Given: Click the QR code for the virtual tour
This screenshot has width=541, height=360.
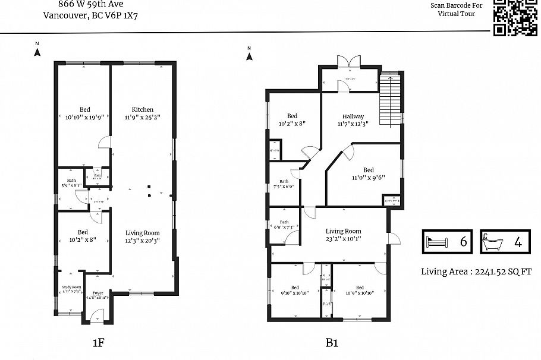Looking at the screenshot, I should tap(515, 17).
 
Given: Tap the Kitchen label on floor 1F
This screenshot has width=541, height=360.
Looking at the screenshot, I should tap(143, 109).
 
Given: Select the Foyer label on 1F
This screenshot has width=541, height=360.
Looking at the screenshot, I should tap(97, 293).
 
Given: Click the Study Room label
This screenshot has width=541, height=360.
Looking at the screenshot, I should tap(71, 288).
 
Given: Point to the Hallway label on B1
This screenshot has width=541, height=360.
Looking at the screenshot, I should tap(353, 116).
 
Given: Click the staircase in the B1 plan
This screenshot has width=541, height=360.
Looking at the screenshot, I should tap(390, 99).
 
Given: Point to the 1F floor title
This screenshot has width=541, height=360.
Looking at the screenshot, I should tap(99, 342).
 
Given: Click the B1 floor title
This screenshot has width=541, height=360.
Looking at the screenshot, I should tap(331, 342).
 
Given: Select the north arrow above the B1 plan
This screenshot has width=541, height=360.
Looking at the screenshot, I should tap(250, 55).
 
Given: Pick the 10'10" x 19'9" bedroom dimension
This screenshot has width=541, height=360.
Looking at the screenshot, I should tap(84, 117).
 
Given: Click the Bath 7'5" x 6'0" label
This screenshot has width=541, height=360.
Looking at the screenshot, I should tap(284, 184).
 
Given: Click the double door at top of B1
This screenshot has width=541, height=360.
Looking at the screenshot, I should tap(348, 63).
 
